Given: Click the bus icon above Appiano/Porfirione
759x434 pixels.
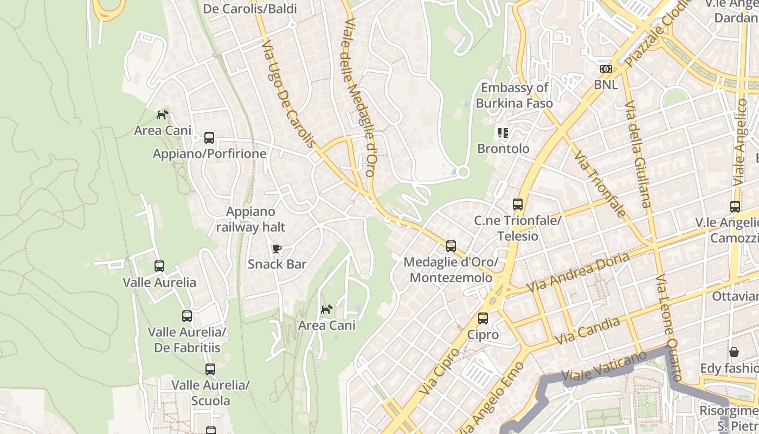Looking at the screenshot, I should point(209,138).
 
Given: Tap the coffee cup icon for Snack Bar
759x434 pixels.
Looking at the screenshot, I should point(277,249).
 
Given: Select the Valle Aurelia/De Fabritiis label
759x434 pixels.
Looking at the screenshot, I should point(187,340).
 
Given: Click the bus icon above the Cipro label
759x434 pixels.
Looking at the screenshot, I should point(483,318).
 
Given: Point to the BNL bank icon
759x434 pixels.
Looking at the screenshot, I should point(606,69).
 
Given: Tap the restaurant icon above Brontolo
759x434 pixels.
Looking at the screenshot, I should point(503,133).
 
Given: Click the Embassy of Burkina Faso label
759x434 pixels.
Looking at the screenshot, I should point(514,95).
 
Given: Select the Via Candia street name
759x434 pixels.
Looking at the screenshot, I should point(587,331).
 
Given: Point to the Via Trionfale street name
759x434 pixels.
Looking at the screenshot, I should point(600,184).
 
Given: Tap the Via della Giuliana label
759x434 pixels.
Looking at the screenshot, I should point(636,154).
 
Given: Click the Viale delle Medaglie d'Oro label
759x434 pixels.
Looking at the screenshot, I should point(358,98).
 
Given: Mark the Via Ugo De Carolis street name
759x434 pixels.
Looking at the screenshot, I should point(288,96).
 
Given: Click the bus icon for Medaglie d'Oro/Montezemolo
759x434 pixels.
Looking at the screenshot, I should point(451,246).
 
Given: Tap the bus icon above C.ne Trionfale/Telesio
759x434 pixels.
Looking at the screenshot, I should point(518,205).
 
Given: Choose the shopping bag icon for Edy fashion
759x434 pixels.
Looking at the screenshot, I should point(734,352).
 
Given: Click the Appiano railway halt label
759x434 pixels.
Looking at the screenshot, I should point(250,219).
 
